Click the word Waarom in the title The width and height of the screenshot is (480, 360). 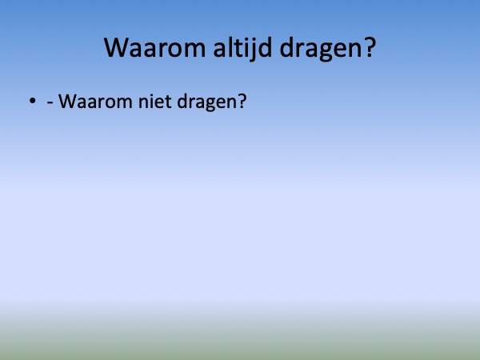154,48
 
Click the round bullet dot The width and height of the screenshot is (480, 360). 33,101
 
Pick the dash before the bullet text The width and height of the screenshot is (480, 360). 50,102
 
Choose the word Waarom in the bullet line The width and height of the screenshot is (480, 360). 95,102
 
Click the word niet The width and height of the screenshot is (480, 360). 154,101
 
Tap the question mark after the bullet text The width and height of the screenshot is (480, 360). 242,101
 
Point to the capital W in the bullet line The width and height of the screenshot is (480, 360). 67,102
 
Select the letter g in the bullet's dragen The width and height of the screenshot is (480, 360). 205,104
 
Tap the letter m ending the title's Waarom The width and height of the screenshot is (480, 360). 194,50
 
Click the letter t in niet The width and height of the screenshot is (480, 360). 168,102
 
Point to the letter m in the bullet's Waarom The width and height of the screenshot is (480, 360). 124,103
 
